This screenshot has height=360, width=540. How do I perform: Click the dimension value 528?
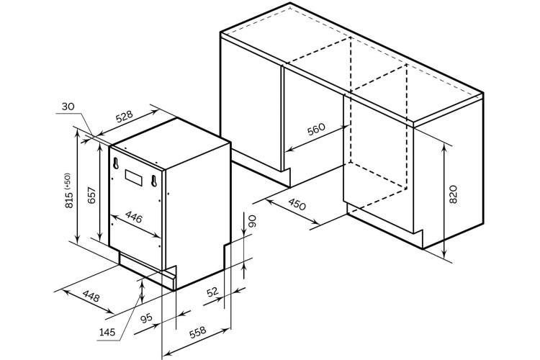point(124,117)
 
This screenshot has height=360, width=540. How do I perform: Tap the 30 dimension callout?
point(68,107)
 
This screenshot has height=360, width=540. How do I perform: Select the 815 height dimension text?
point(69,200)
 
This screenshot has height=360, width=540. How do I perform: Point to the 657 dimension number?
point(91,195)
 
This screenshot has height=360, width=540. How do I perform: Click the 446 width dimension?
point(134,217)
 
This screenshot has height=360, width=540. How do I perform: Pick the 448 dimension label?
point(91,296)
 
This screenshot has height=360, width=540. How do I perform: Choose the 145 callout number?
point(107,333)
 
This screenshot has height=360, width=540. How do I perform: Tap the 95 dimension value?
point(147,318)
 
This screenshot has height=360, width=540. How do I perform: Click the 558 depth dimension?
point(198,332)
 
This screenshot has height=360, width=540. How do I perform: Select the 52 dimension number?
point(212,292)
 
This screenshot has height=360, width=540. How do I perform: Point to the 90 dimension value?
point(253,221)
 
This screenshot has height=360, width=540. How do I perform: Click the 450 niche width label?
point(297,204)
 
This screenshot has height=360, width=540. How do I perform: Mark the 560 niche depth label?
point(316,129)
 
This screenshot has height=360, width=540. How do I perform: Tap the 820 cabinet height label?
point(453,194)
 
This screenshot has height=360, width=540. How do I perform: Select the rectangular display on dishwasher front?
point(134,178)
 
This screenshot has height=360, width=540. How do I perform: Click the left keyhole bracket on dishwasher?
point(116,163)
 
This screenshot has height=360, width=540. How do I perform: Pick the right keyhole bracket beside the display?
point(154,181)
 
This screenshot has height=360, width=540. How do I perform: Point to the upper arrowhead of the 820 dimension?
point(444,147)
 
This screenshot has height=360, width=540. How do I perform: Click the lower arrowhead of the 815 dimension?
point(78,238)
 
